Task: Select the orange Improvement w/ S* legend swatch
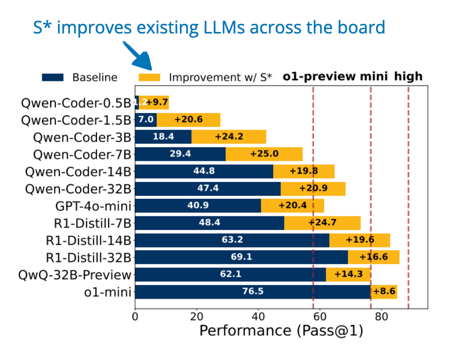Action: click(149, 77)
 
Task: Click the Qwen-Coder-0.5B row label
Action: click(76, 102)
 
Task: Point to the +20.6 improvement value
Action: click(188, 120)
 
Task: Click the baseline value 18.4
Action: click(163, 136)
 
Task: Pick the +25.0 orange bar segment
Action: click(264, 154)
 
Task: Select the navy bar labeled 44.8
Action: click(204, 171)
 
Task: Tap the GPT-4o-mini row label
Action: click(93, 206)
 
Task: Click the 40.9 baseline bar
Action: click(198, 205)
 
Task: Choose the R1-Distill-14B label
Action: click(89, 240)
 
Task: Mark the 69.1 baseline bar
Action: click(241, 257)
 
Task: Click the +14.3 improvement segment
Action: click(348, 274)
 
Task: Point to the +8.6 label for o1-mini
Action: click(384, 292)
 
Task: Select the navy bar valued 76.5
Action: click(253, 292)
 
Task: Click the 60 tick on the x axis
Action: click(320, 317)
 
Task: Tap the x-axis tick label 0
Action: click(135, 317)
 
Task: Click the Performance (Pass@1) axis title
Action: click(281, 331)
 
